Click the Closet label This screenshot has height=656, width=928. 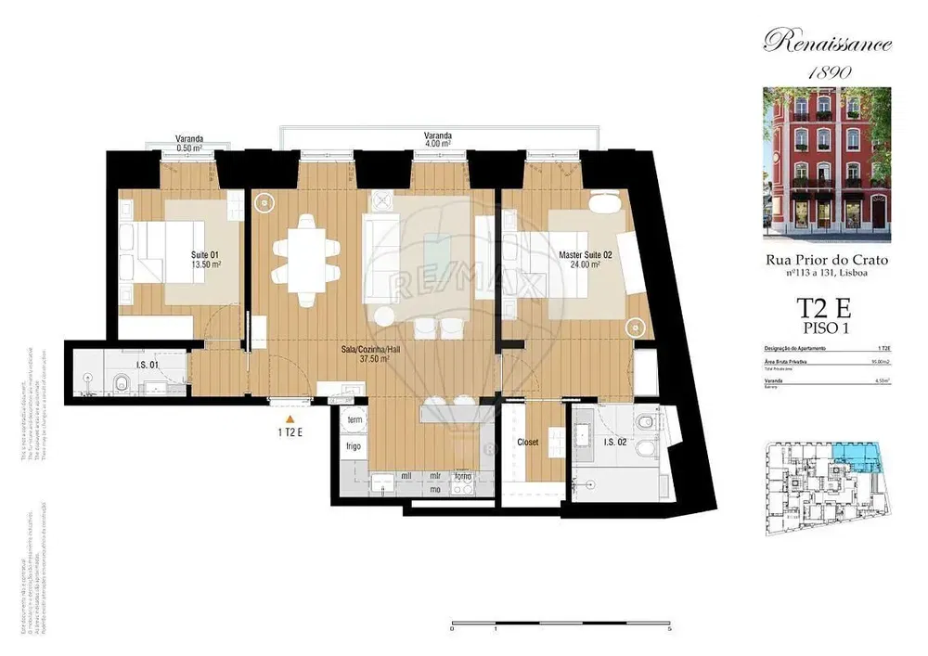point(527,443)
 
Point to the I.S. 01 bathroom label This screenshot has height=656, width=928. point(147,365)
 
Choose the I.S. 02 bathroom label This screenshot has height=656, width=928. point(615,443)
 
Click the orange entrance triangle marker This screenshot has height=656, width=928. point(290,420)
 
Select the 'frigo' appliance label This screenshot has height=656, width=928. point(354,445)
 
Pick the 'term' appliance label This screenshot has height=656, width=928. point(354,420)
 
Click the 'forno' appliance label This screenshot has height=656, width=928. point(462,476)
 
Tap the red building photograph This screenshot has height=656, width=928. point(827,164)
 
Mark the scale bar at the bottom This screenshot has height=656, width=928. point(560,621)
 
